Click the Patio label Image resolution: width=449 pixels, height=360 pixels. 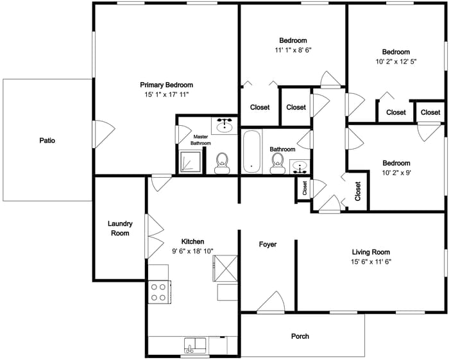pos(47,141)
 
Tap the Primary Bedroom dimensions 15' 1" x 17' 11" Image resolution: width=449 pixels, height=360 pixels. pos(167,94)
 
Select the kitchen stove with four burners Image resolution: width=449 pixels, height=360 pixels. pos(160,292)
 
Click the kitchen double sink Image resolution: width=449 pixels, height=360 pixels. pos(195,346)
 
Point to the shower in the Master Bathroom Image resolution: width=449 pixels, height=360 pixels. pos(190,162)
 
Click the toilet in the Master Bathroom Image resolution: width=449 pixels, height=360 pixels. pos(222,163)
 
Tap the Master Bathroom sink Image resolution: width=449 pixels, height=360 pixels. pos(224,125)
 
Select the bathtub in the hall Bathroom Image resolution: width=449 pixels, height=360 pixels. pos(251,152)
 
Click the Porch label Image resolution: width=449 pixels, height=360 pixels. pos(300,336)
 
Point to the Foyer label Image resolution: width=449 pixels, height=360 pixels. pos(267,244)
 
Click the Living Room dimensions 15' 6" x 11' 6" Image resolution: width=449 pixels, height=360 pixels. pos(371,261)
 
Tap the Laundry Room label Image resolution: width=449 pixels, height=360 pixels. pos(121,228)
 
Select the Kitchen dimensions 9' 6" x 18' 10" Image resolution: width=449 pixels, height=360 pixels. pos(192,251)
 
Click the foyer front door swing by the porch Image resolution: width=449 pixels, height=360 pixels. pos(271,302)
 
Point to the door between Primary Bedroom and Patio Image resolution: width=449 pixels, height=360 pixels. pos(104,134)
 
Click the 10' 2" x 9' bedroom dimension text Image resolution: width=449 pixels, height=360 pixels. pos(396,173)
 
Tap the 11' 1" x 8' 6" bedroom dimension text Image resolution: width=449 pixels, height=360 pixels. pos(293,50)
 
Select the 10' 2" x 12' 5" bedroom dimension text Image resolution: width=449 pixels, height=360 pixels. pos(396,62)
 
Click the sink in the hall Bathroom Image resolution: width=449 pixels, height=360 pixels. pos(300,167)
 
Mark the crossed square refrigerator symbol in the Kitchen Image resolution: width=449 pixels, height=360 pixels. pos(225,268)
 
